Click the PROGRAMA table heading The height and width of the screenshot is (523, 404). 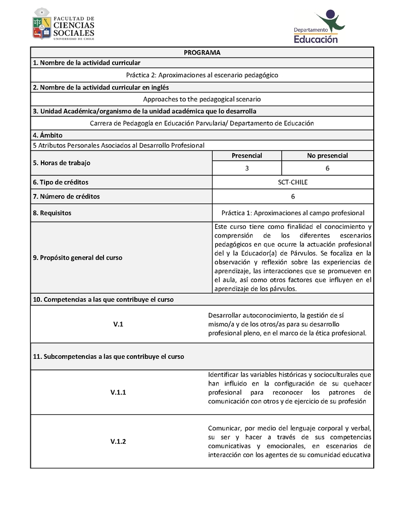click(x=202, y=53)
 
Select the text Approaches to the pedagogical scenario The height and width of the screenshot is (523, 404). click(x=202, y=100)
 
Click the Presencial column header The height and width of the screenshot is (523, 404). click(x=246, y=156)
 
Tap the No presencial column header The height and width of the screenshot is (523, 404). click(x=327, y=156)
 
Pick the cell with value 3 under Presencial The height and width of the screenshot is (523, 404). click(x=246, y=168)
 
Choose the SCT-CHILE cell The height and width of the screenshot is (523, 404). click(x=293, y=182)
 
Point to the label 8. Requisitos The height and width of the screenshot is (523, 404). click(x=52, y=213)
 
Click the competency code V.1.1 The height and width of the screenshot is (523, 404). click(x=118, y=392)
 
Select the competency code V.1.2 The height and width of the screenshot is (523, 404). click(x=118, y=442)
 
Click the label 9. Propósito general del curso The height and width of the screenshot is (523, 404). click(x=77, y=257)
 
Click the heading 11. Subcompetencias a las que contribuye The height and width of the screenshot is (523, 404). click(x=109, y=356)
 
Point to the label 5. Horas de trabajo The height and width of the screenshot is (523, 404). click(x=62, y=163)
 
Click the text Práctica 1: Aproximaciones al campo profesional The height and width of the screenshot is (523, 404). click(x=293, y=213)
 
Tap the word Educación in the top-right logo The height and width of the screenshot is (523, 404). click(x=316, y=39)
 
